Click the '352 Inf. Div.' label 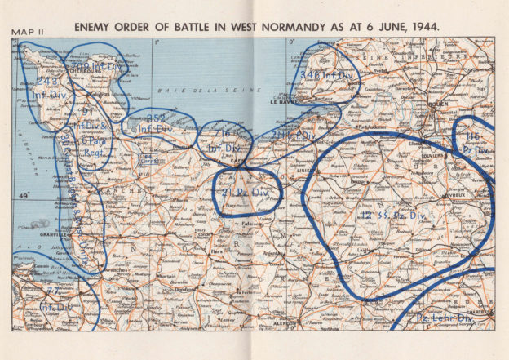[x=155, y=123]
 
